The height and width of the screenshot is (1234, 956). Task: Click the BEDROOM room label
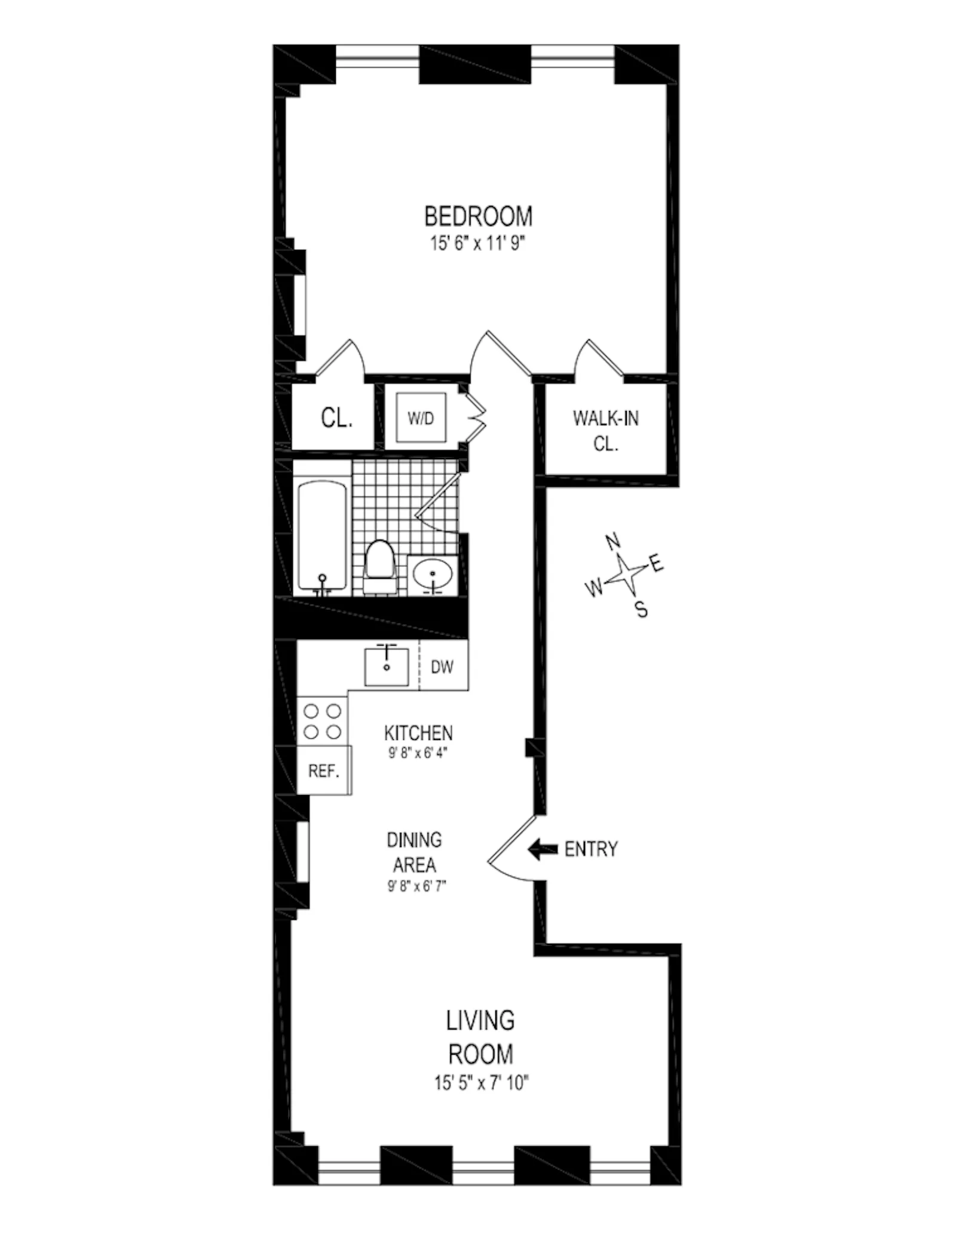(478, 216)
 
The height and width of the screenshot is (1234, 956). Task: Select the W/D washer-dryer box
(421, 418)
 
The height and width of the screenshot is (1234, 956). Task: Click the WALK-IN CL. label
(605, 430)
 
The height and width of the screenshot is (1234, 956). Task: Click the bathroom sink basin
(433, 574)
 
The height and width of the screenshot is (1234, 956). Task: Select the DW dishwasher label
(442, 667)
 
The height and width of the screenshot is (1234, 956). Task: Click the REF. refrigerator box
(324, 771)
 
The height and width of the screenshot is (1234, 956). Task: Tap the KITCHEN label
(418, 733)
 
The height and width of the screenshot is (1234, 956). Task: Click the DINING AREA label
(415, 852)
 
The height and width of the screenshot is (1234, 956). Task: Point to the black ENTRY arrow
(543, 849)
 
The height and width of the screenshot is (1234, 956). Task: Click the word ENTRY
(591, 849)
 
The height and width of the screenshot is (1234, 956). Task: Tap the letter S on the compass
(641, 610)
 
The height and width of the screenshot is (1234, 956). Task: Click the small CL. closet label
(336, 418)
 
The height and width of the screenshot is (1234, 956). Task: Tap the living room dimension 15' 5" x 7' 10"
(482, 1083)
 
